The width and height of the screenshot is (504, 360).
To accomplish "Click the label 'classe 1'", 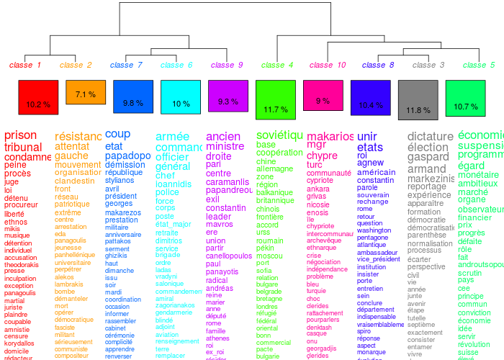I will tap(25, 65).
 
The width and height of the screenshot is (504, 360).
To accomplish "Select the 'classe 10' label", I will tap(328, 65).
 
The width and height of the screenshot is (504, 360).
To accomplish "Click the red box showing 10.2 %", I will tap(37, 97).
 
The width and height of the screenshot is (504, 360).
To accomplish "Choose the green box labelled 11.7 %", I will tap(276, 100).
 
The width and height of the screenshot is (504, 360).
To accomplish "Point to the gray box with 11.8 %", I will tap(418, 100).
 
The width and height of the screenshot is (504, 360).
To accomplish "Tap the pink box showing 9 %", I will tap(323, 95).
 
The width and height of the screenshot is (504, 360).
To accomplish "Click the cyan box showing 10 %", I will tap(181, 97).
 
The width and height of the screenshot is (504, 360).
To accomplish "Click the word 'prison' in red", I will tap(20, 135).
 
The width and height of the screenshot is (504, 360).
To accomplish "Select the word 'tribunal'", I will tap(23, 147).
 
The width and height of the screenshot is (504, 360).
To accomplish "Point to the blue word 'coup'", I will tap(118, 134).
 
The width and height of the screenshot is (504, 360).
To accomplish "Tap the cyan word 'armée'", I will tap(173, 137).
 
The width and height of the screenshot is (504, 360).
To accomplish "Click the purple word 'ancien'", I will tap(223, 136).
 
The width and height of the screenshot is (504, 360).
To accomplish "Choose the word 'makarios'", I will tap(330, 136).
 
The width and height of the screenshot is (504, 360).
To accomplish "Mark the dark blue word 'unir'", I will tap(367, 136).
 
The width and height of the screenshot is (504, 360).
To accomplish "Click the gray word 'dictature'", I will tap(430, 136).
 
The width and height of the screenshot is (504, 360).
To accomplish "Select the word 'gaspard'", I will tap(428, 157).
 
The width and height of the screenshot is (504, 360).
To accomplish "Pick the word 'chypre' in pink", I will tap(322, 156).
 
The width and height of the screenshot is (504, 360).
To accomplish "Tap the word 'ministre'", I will tap(225, 146).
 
